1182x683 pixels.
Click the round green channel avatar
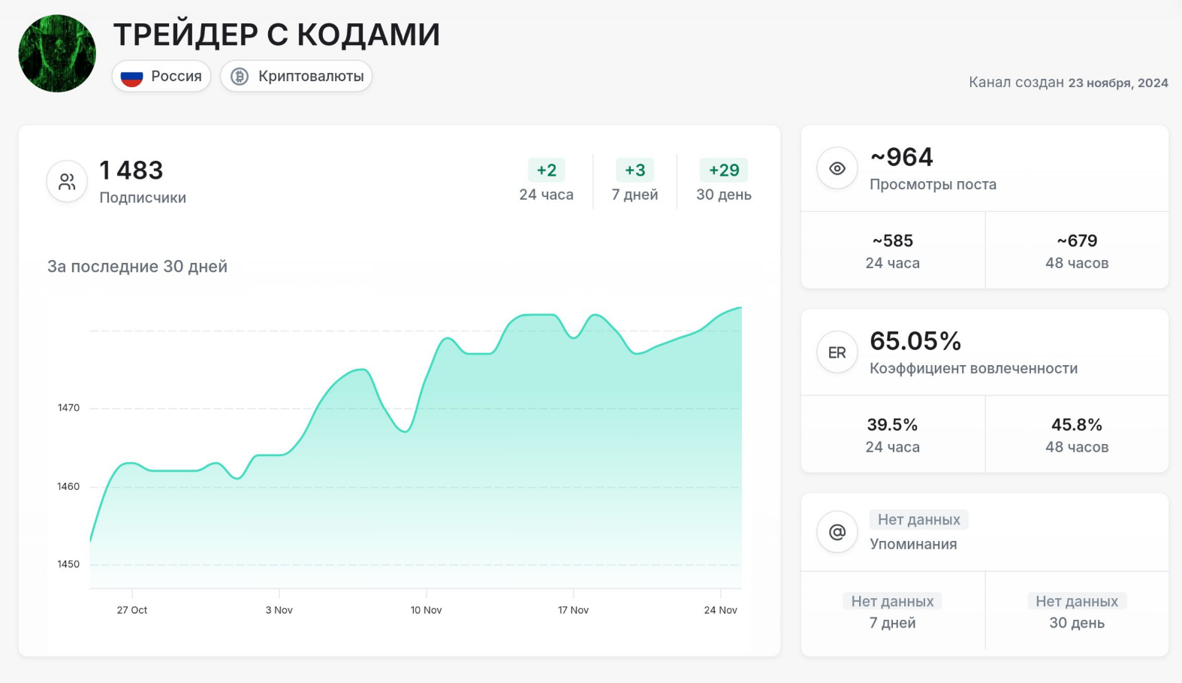tap(57, 53)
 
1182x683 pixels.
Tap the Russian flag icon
tap(132, 77)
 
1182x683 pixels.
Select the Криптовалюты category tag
tap(297, 77)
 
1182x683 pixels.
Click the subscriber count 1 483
tap(131, 171)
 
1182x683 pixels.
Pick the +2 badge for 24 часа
tap(547, 171)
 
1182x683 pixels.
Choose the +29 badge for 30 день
tap(724, 171)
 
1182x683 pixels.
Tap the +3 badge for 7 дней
tap(635, 171)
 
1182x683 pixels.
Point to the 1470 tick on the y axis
tap(68, 408)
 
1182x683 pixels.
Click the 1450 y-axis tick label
tap(68, 564)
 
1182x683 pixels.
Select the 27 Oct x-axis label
tap(132, 610)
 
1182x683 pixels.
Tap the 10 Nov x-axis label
tap(426, 610)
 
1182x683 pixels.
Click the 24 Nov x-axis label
tap(720, 610)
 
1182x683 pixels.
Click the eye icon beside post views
tap(837, 169)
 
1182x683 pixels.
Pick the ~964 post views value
tap(901, 157)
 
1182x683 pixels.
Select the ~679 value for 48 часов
tap(1077, 241)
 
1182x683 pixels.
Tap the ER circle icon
tap(837, 353)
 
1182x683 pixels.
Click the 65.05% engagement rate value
tap(915, 341)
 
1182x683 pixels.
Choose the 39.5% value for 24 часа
tap(892, 425)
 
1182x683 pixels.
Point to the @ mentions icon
tap(837, 532)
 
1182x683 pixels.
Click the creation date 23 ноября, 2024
tap(1118, 83)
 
